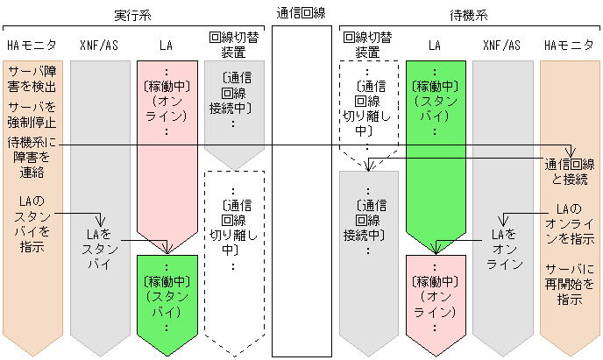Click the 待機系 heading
click(470, 16)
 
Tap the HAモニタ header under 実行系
click(32, 45)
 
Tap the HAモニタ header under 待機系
click(570, 45)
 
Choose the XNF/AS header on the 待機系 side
click(501, 45)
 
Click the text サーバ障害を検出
click(32, 79)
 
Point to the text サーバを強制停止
click(32, 115)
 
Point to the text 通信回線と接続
click(570, 172)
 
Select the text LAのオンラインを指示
click(570, 224)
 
